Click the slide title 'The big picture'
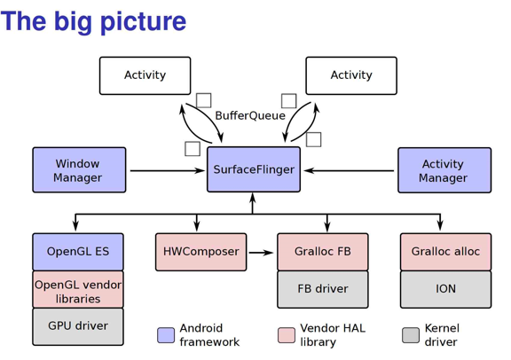pos(94,21)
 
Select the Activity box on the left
pos(145,75)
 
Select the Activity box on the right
pos(351,75)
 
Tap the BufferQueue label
pos(250,115)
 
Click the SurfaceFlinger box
pos(254,169)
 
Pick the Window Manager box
pos(79,170)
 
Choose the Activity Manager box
pos(444,170)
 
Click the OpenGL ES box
pos(78,252)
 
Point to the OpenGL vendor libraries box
pos(78,291)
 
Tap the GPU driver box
pos(78,326)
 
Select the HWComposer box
pos(201,252)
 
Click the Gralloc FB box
pos(323,252)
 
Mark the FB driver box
pos(323,289)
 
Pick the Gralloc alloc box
pos(445,252)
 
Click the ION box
pos(445,289)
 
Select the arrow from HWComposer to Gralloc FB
pos(262,253)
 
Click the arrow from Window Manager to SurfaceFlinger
pos(167,170)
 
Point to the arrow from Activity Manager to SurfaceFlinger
pos(350,170)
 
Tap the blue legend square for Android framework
pos(166,335)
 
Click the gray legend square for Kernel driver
pos(411,335)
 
